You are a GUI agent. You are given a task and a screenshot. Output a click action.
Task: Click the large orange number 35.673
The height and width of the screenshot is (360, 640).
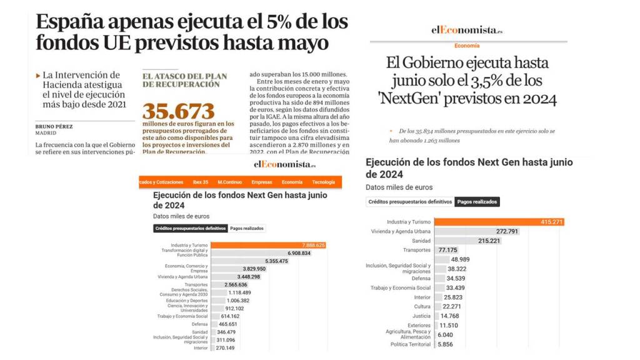(178, 111)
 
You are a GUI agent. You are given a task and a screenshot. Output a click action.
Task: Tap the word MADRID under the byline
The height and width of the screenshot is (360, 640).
(46, 132)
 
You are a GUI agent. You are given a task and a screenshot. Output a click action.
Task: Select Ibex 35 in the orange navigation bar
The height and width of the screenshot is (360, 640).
(201, 182)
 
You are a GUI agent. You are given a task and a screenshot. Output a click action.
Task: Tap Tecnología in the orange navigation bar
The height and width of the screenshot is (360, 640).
(323, 182)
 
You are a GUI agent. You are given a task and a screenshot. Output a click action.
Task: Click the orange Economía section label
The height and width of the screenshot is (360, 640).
(467, 46)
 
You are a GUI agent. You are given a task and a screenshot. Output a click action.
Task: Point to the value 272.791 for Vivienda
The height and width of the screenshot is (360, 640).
(507, 231)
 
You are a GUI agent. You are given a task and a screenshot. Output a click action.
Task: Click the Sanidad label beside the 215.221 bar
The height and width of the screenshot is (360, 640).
(421, 241)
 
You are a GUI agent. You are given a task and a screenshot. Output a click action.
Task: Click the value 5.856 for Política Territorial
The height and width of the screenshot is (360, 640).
(446, 344)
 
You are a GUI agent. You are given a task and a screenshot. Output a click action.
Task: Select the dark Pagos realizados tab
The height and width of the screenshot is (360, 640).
(477, 202)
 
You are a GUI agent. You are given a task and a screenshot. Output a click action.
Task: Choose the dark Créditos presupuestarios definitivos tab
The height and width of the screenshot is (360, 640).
(190, 229)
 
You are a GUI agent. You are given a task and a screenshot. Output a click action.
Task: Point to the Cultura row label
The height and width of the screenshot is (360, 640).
(422, 306)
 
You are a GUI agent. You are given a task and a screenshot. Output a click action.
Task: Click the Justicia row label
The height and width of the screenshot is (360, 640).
(421, 316)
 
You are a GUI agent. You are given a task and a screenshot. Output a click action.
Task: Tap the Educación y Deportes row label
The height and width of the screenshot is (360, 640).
(187, 301)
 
